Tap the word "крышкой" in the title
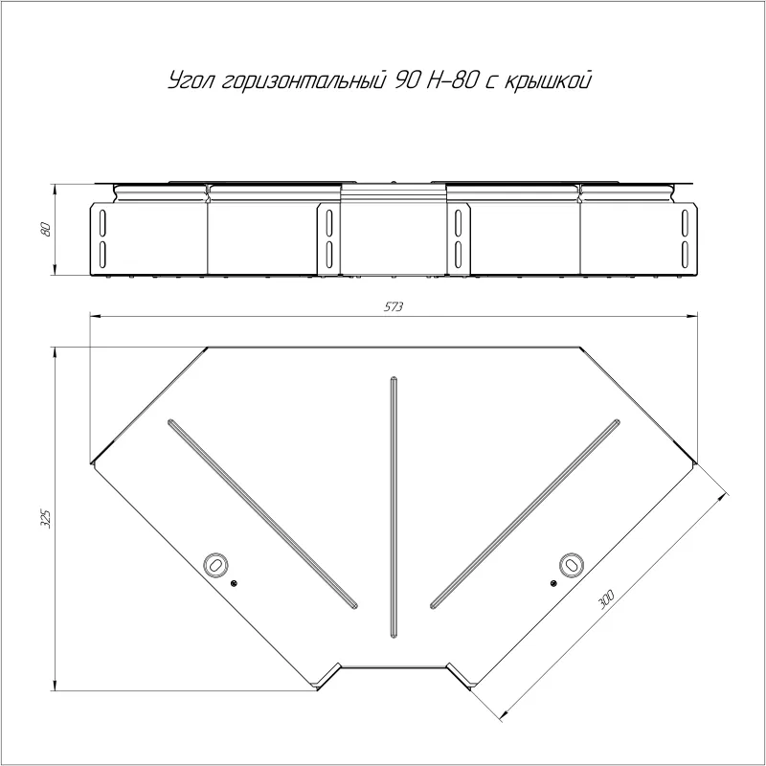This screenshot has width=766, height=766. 547,80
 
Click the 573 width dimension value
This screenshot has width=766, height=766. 394,306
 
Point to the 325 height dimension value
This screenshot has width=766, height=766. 46,519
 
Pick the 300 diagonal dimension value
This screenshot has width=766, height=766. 606,599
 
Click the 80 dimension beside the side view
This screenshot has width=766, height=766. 46,229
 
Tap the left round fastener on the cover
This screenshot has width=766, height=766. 215,564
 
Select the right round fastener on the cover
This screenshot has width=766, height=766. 571,564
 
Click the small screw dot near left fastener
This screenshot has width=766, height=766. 234,582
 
